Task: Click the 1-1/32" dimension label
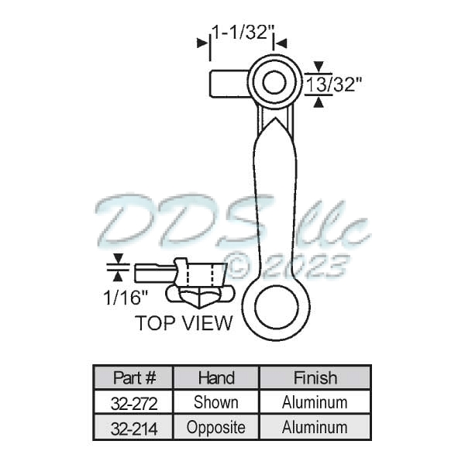coord(243,32)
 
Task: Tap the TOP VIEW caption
coord(184,323)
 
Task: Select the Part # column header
coord(134,378)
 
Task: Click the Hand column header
coord(216,378)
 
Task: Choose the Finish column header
coord(315,378)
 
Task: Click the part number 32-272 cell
coord(134,403)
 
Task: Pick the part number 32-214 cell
coord(134,427)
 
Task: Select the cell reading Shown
coord(216,403)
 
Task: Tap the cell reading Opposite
coord(216,427)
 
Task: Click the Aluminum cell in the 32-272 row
coord(315,403)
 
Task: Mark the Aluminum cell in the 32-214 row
coord(315,427)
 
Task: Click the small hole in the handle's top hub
coord(272,82)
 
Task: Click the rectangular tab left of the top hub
coord(227,83)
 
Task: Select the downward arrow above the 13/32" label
coord(318,67)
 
